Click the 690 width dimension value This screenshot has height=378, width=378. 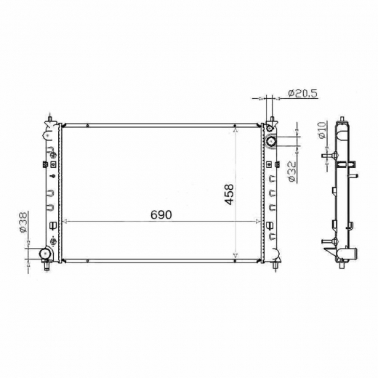click(161, 214)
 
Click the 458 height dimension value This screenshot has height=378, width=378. click(229, 194)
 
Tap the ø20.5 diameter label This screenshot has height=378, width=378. click(302, 93)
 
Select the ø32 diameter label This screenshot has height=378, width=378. click(293, 172)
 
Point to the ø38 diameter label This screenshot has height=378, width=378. click(23, 222)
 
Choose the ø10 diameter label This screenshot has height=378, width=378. click(322, 130)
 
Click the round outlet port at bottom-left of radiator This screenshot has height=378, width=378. click(45, 254)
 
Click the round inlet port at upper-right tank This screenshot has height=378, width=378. click(271, 141)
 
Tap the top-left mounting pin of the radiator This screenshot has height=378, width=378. click(49, 118)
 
